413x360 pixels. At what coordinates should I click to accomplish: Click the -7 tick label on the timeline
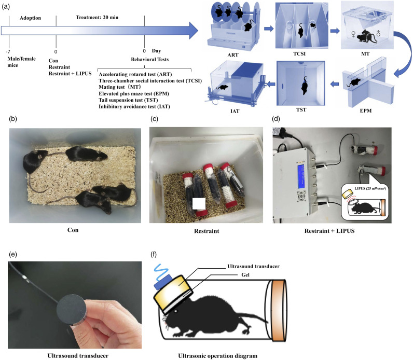[x=8, y=51]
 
